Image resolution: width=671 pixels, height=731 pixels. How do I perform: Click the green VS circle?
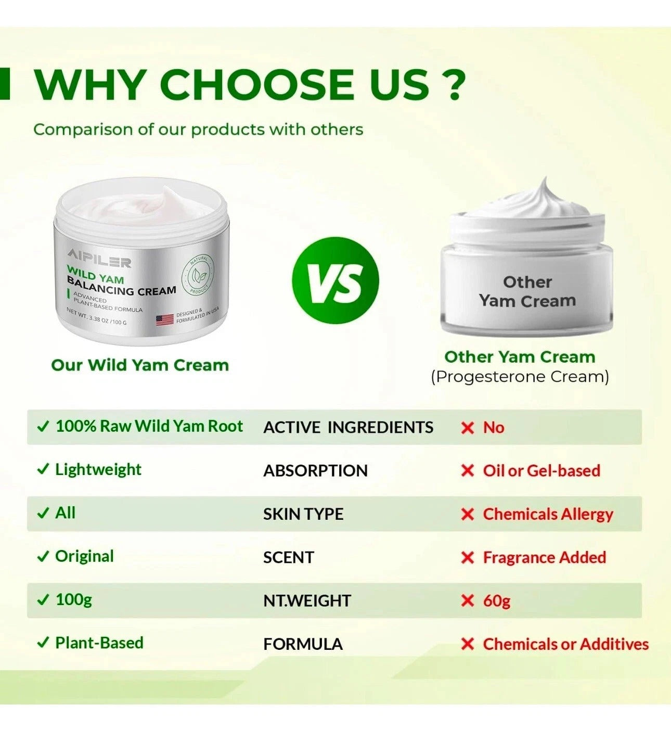tap(335, 280)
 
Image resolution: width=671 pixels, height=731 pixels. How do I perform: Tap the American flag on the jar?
tap(164, 319)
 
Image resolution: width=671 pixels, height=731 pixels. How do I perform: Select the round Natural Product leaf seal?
tap(198, 274)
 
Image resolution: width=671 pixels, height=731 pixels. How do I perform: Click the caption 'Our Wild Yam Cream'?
tap(140, 365)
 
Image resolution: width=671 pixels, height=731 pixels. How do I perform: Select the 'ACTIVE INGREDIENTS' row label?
tap(348, 427)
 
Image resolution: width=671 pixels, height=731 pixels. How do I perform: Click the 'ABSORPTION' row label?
tap(315, 470)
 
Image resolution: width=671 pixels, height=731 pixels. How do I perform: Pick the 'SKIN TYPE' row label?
tap(303, 514)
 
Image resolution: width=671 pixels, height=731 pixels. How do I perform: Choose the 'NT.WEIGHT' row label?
tap(307, 600)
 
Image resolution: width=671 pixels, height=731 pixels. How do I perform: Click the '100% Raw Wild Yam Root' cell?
tap(149, 426)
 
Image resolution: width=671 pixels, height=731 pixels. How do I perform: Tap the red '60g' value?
tap(497, 600)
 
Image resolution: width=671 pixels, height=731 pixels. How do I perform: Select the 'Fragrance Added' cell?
tap(544, 557)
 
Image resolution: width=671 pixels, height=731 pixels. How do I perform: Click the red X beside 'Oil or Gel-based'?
tap(468, 471)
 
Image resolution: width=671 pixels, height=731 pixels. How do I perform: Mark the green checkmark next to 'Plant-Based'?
tap(43, 643)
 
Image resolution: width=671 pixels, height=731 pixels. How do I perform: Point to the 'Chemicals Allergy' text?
tap(548, 514)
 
